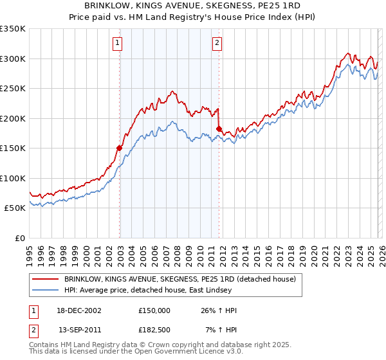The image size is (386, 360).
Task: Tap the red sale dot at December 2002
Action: pyautogui.click(x=119, y=148)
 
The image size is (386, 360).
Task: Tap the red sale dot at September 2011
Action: pyautogui.click(x=219, y=129)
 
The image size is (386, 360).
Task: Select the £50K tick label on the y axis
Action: pyautogui.click(x=15, y=208)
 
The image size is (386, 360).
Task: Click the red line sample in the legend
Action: pyautogui.click(x=45, y=279)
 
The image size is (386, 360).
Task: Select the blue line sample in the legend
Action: pyautogui.click(x=45, y=289)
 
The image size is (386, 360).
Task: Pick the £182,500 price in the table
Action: pyautogui.click(x=154, y=329)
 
